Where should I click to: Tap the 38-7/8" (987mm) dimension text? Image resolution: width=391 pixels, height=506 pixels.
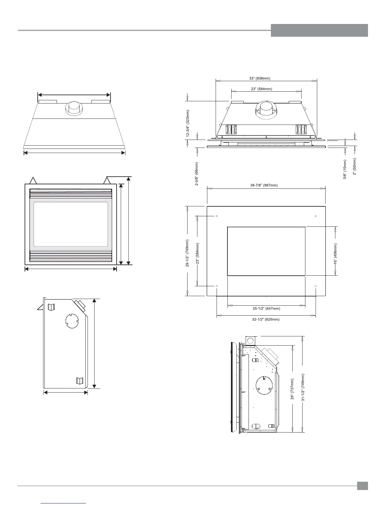pyautogui.click(x=266, y=185)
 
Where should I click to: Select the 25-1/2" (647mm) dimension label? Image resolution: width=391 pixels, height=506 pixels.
pyautogui.click(x=266, y=309)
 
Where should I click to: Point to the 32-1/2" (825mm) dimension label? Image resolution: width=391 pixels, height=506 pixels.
pyautogui.click(x=266, y=319)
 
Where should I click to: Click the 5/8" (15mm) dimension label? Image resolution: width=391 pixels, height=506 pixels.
pyautogui.click(x=345, y=169)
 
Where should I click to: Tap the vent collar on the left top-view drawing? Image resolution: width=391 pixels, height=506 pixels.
pyautogui.click(x=74, y=109)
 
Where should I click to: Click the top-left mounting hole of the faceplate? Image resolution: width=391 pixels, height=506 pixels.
pyautogui.click(x=217, y=216)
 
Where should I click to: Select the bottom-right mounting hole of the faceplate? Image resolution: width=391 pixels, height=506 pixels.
pyautogui.click(x=316, y=286)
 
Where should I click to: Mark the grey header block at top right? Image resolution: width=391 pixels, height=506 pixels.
pyautogui.click(x=319, y=30)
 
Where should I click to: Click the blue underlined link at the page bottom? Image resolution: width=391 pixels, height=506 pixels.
pyautogui.click(x=64, y=503)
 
